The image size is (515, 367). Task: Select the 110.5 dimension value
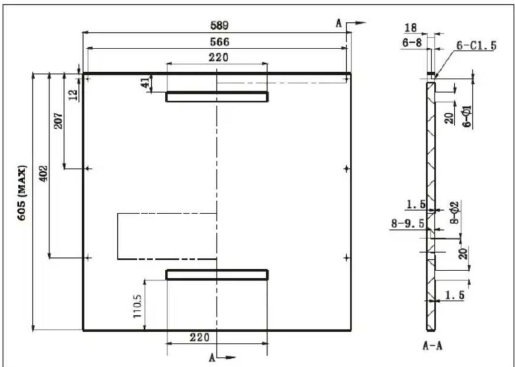tap(137, 305)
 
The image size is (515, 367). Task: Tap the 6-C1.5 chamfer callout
tap(476, 46)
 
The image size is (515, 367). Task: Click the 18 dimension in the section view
tap(410, 28)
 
